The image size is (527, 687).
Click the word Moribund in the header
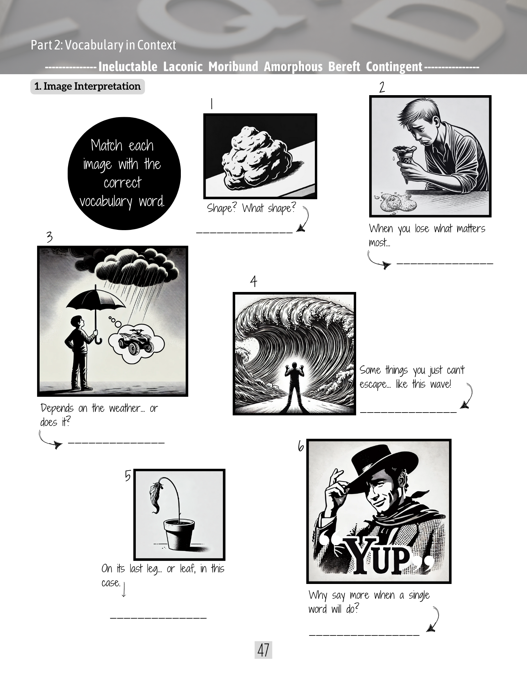(233, 66)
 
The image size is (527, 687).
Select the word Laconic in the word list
(183, 66)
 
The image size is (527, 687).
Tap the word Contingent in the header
(394, 67)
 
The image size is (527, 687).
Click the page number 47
(263, 650)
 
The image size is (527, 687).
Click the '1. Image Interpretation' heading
(88, 86)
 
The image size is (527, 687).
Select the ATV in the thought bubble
(136, 341)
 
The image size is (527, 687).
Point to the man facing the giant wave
(294, 383)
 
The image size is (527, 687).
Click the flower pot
(179, 533)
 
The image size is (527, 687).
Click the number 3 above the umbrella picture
(50, 237)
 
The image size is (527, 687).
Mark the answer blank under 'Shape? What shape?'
(244, 233)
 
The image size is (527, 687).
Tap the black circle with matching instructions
(124, 173)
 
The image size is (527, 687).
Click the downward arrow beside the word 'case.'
(124, 589)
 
